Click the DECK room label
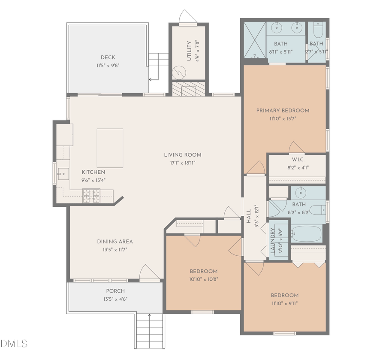click(x=108, y=57)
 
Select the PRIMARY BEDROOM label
click(x=283, y=110)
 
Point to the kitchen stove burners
click(x=91, y=196)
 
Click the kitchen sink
click(x=63, y=174)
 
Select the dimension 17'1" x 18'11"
click(x=182, y=163)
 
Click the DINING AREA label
click(x=115, y=242)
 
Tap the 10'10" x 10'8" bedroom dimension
click(x=203, y=279)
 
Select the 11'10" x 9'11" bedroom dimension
click(x=284, y=303)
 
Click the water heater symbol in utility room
click(x=178, y=72)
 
